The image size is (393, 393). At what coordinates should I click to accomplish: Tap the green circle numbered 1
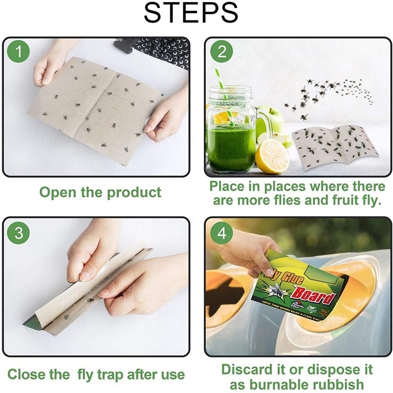click(19, 52)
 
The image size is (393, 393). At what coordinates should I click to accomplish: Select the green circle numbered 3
click(19, 233)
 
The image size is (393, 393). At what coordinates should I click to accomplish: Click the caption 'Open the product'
click(101, 192)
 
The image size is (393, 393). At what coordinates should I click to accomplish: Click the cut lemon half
click(271, 156)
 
